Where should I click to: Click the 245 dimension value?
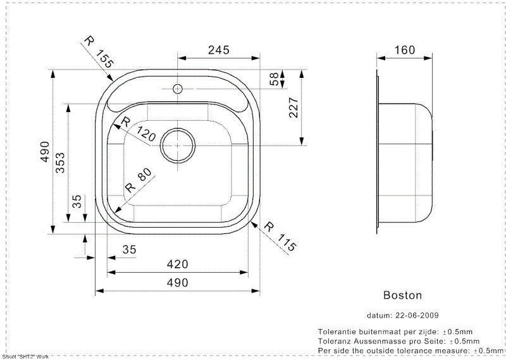pyautogui.click(x=218, y=50)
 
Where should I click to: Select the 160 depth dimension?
pyautogui.click(x=404, y=50)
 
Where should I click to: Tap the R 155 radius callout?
pyautogui.click(x=99, y=52)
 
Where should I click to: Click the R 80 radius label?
pyautogui.click(x=139, y=180)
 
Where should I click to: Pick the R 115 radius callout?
pyautogui.click(x=280, y=237)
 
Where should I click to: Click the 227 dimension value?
pyautogui.click(x=293, y=108)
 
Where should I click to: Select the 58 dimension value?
pyautogui.click(x=274, y=79)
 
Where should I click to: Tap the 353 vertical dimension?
pyautogui.click(x=60, y=163)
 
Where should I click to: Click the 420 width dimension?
pyautogui.click(x=177, y=264)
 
